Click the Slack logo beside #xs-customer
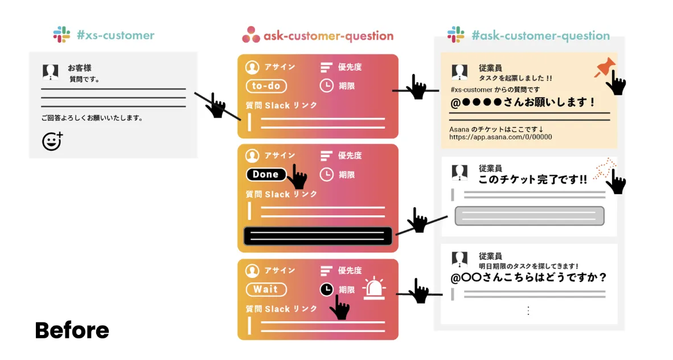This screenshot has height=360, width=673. coord(61,35)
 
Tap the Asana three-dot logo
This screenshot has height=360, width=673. coord(250,35)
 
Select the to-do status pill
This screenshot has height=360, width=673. coord(266,86)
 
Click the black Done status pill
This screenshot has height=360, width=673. coord(266,174)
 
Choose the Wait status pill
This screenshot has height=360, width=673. coord(266,289)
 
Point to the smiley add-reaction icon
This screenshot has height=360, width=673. coord(52,141)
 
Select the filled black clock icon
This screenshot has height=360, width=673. coord(326,289)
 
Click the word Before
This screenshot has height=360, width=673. coord(72,330)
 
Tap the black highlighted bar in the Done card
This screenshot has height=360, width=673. coord(318,236)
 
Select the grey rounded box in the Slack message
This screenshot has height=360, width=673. coord(529,216)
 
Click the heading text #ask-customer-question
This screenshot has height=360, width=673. coord(540,36)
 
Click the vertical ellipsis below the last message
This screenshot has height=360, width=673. coord(528,310)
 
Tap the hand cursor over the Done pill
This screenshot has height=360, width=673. coord(297,178)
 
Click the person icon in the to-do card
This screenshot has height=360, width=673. coord(252,67)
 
